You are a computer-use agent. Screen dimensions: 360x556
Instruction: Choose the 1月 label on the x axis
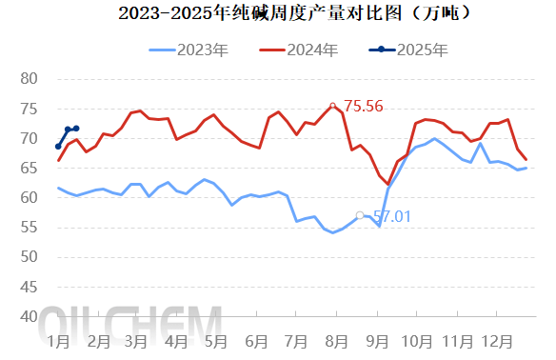[x=57, y=340]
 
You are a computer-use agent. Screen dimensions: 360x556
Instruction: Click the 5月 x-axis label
[x=215, y=340]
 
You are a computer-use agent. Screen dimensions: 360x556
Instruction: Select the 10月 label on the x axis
[x=416, y=340]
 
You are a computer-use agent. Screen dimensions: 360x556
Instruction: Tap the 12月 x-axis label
[x=495, y=340]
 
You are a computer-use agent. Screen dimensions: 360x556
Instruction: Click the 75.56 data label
[x=363, y=107]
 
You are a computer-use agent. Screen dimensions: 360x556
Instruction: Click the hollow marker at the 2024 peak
[x=332, y=106]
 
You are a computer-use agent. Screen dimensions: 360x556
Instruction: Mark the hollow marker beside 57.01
[x=359, y=215]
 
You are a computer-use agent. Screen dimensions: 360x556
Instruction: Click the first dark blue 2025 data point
[x=58, y=147]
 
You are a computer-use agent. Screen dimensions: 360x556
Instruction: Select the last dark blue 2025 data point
[x=76, y=129]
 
